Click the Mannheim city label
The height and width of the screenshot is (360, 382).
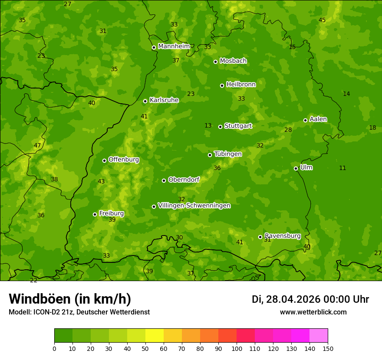pos(174,46)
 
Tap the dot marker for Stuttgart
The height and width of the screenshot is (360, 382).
pos(221,127)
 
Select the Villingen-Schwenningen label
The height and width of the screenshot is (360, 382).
pos(194,206)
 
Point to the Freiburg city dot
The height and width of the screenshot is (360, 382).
pos(95,214)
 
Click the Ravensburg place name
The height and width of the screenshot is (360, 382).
pos(283,236)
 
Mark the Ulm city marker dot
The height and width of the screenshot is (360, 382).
pos(296,168)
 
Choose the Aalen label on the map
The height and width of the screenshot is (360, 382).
pos(318,119)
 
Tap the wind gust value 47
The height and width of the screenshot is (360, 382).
pos(37,146)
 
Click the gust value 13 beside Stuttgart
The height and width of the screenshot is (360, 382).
pos(208,126)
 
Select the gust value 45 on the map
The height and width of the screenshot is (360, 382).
pos(322,20)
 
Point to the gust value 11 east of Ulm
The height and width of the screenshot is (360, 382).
pos(342,168)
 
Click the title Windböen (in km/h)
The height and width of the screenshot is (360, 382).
pos(70,299)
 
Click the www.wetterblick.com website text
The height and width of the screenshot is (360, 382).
pos(313,312)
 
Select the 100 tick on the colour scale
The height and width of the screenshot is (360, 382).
pos(237,348)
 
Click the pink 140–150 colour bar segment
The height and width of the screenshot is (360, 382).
pos(319,336)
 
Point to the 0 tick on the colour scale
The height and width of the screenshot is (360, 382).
pos(54,348)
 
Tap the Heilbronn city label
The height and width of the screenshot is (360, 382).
pos(241,85)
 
